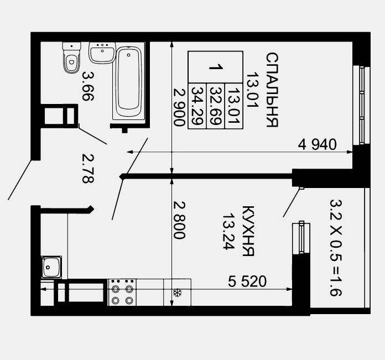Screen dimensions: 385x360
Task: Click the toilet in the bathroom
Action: (x=71, y=58)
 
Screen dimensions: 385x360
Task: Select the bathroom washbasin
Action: (x=102, y=53)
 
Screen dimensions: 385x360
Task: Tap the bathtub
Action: (x=129, y=81)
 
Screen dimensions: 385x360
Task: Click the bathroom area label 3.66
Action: (x=87, y=86)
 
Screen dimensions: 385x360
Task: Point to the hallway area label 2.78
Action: (x=87, y=169)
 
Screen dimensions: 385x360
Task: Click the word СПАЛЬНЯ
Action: (x=272, y=90)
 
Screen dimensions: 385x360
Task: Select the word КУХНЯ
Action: (x=248, y=231)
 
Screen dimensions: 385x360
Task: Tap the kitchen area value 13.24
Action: (x=228, y=231)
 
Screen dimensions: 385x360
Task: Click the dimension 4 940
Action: (x=317, y=144)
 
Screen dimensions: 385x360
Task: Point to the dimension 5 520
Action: (x=247, y=281)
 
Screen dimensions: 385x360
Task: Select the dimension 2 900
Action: (x=179, y=107)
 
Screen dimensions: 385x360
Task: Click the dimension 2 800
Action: (x=179, y=220)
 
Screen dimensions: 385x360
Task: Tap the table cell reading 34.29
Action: (x=197, y=106)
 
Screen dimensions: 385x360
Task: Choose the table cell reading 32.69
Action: (x=216, y=106)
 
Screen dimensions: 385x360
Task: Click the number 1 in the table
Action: (x=216, y=67)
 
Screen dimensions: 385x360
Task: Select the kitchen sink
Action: (x=51, y=267)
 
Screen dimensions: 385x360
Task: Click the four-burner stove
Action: (x=122, y=293)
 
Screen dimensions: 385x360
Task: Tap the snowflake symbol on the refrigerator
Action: (x=177, y=293)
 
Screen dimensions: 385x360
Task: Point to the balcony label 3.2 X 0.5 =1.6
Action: (x=336, y=248)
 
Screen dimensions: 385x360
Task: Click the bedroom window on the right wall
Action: (x=361, y=105)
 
